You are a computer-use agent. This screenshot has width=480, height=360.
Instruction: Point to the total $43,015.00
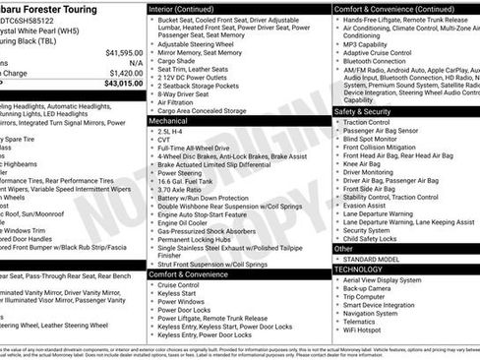124,83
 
